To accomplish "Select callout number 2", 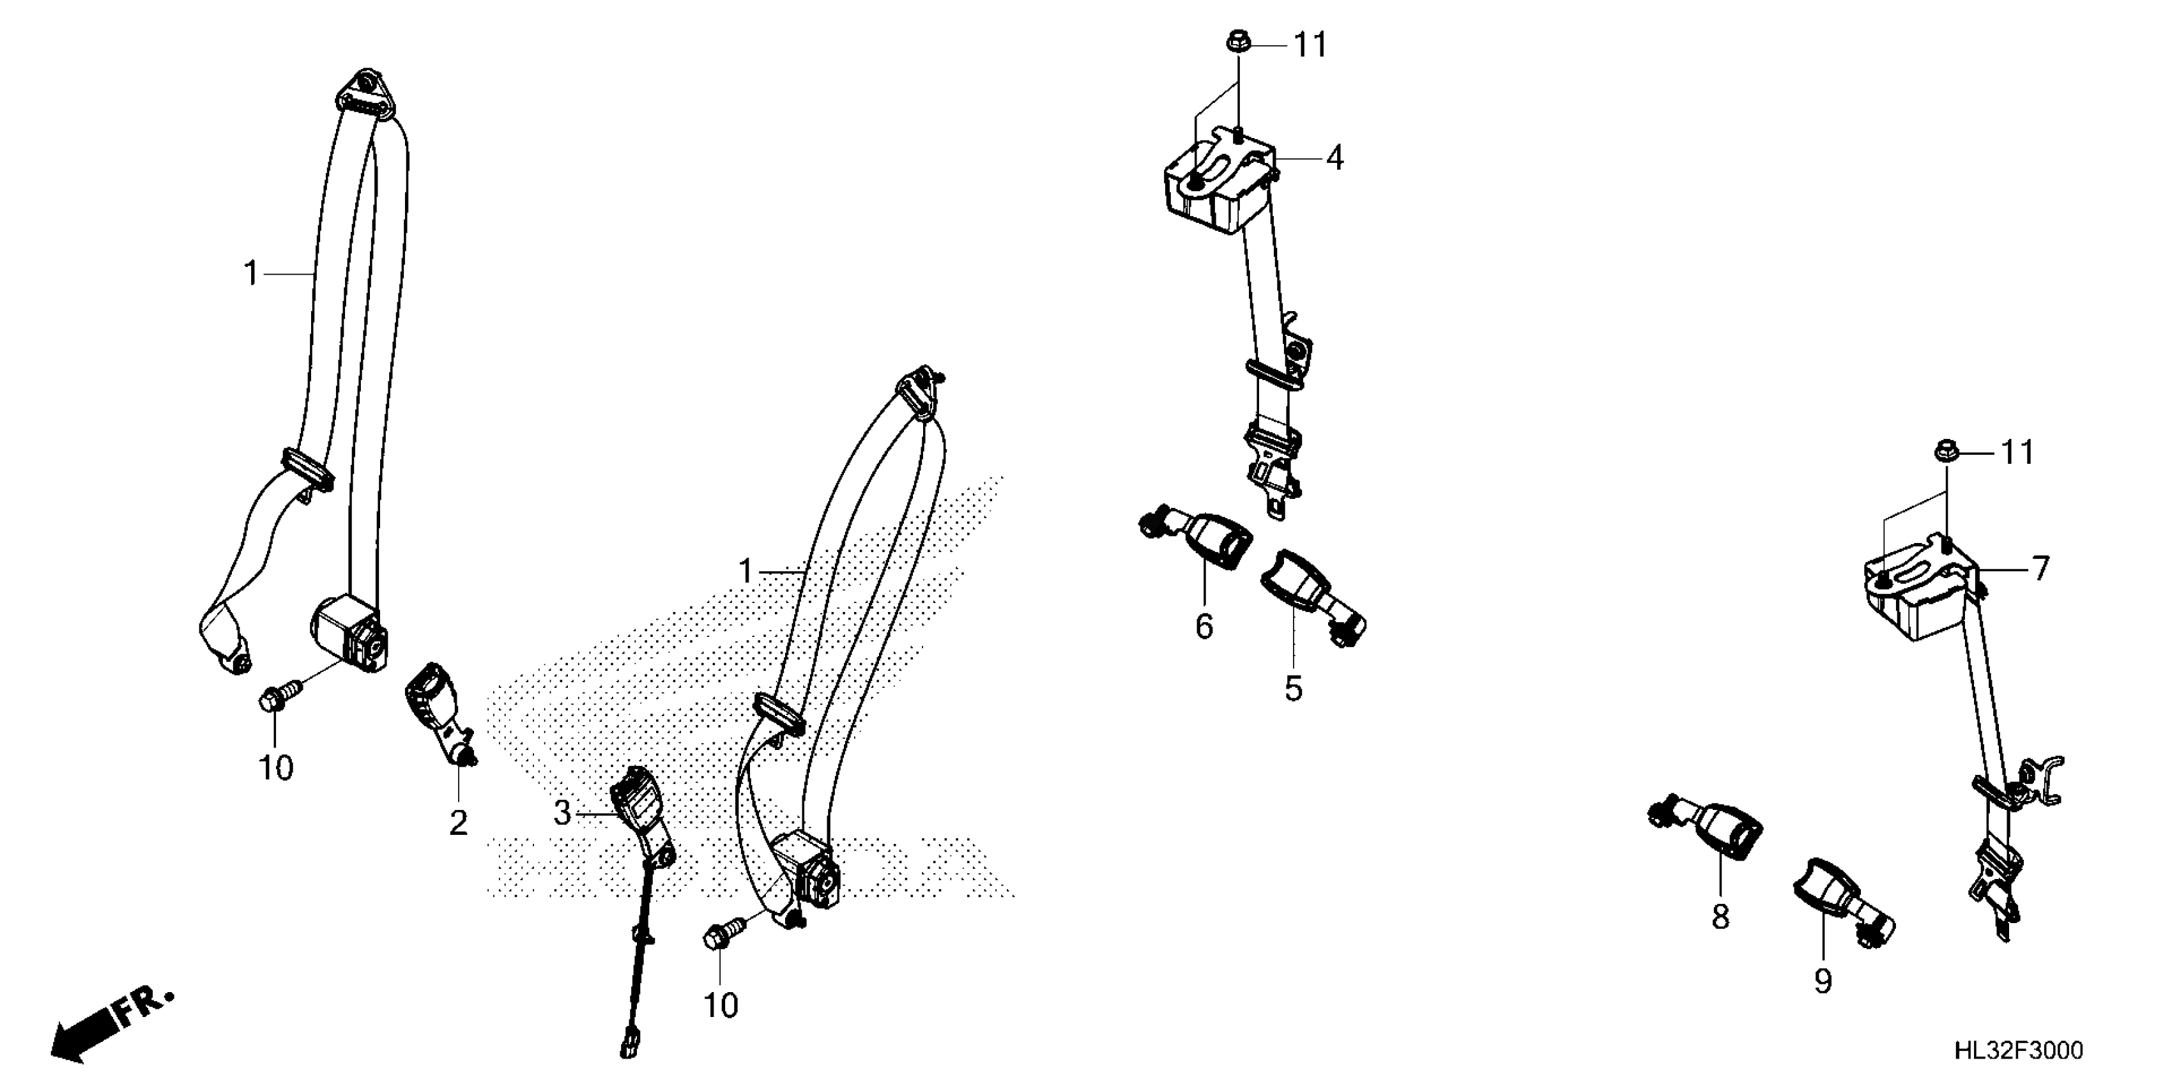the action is click(x=458, y=823).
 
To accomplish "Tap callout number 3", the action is click(x=562, y=813).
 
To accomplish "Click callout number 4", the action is click(x=1334, y=158).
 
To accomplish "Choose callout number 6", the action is click(x=1204, y=627).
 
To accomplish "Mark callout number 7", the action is click(x=2040, y=569).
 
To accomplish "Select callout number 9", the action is click(x=1823, y=981).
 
